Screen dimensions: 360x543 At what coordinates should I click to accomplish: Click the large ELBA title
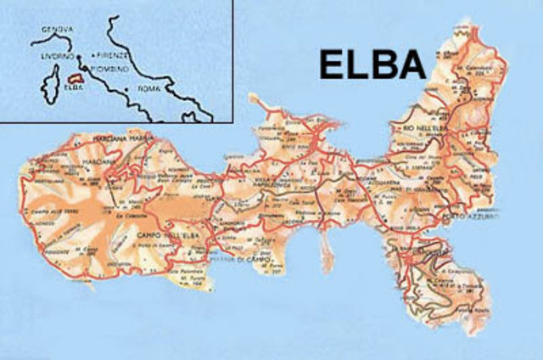371,64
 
